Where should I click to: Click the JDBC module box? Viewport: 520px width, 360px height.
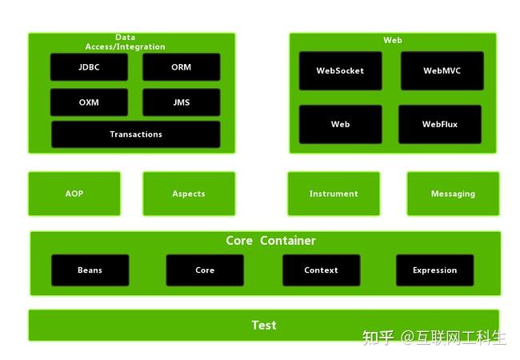(89, 67)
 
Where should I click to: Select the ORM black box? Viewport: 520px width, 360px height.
(182, 67)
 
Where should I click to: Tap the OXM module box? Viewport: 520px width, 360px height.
(89, 102)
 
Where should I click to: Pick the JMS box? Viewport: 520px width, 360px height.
(182, 102)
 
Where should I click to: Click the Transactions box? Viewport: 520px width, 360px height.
(136, 134)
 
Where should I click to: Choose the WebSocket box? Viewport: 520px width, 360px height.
(340, 71)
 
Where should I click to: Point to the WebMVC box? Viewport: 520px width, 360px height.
(442, 71)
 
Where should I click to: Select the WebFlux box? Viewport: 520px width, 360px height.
(440, 125)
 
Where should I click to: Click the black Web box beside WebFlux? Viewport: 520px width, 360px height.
(340, 125)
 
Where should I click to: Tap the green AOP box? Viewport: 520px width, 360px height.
(74, 194)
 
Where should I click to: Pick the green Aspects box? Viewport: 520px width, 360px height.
(189, 194)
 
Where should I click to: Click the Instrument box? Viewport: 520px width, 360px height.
(334, 194)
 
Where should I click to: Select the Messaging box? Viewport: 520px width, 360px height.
(453, 194)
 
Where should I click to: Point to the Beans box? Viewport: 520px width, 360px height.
(90, 270)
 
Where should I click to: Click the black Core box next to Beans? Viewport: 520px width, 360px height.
(205, 270)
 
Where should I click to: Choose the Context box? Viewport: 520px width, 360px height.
(321, 270)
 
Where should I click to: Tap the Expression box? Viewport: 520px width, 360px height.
(434, 270)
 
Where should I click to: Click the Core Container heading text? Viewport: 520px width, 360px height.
(270, 241)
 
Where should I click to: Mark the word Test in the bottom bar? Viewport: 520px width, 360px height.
(264, 326)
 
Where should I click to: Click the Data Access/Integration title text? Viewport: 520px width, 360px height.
(125, 42)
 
